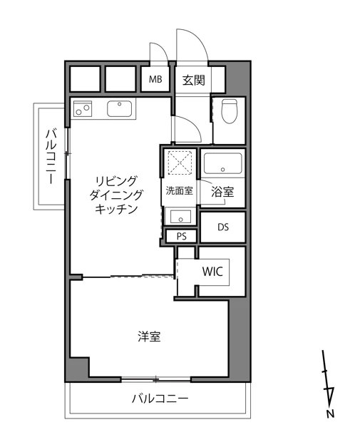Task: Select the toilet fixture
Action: tap(229, 113)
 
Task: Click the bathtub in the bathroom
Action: tap(223, 165)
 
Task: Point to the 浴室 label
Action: tap(222, 192)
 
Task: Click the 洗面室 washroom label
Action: tap(178, 191)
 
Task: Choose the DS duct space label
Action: tap(223, 228)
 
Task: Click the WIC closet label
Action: tap(213, 272)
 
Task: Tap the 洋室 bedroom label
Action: tap(149, 336)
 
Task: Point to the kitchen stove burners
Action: tap(84, 110)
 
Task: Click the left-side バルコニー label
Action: tap(51, 158)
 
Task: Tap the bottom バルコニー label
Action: tap(160, 399)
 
